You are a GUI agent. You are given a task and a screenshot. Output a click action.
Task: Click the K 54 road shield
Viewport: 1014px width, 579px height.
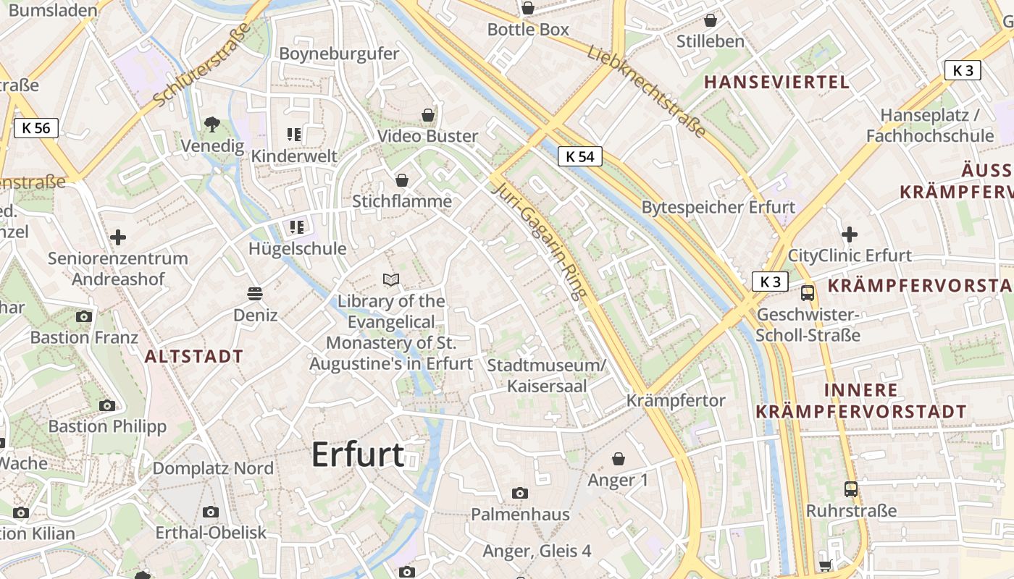(580, 156)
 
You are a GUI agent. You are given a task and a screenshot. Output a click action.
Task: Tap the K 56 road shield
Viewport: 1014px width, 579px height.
(36, 129)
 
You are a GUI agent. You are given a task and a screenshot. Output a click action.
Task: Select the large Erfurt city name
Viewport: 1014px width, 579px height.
(358, 455)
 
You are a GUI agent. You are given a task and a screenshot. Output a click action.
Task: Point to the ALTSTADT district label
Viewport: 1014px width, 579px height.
(194, 356)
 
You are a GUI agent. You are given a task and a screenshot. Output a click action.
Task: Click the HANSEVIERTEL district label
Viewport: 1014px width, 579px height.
(777, 82)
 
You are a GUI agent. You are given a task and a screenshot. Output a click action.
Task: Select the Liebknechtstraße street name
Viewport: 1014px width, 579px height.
(646, 91)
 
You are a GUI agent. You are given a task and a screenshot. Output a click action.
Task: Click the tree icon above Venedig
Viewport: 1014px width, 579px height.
(211, 124)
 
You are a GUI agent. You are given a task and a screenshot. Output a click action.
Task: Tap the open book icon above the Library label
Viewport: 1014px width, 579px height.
(391, 279)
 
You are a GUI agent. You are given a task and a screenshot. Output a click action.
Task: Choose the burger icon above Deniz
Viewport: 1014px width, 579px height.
(254, 294)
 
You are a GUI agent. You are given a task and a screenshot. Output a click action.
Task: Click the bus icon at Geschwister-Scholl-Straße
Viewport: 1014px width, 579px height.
(807, 293)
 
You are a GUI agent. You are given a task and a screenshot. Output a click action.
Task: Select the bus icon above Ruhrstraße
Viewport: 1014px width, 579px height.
(851, 489)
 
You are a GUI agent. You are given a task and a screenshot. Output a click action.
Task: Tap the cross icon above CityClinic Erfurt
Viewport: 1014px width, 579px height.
(850, 234)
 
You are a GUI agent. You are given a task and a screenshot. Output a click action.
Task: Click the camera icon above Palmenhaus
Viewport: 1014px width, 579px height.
(519, 494)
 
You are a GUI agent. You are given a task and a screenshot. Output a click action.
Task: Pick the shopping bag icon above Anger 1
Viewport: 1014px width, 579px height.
(618, 459)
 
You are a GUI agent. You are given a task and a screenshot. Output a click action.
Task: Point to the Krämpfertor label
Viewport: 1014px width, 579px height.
(676, 400)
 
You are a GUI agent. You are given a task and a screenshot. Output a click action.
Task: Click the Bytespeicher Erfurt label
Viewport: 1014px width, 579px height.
(718, 207)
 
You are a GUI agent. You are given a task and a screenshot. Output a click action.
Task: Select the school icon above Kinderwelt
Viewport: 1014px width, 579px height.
(294, 134)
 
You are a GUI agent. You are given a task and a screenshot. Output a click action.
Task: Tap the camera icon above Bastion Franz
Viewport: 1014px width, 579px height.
(84, 316)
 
